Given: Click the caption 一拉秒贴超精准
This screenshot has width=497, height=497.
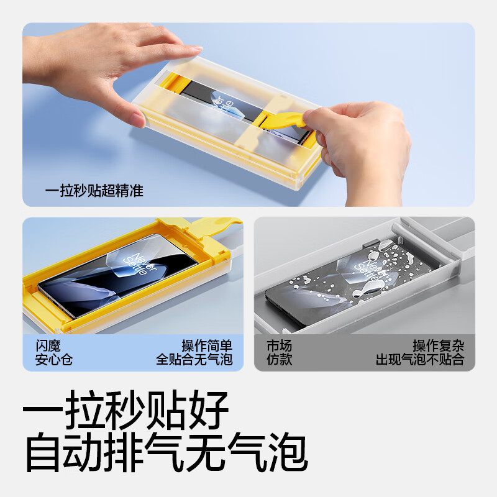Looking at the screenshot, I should pos(94,191).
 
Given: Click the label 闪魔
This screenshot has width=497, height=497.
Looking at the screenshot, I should pos(47,346).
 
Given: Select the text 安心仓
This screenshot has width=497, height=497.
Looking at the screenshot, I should pos(53,360).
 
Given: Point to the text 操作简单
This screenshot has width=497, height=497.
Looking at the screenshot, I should pos(207,346).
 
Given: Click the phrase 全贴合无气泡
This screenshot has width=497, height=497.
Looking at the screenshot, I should pos(194,360).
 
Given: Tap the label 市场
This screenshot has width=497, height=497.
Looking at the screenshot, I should pos(279,346).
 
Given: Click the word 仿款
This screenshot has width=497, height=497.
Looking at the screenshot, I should pos(279,360).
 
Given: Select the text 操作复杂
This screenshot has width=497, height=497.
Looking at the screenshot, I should pos(439,346).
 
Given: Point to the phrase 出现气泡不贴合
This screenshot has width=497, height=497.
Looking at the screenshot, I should pos(420,360).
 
